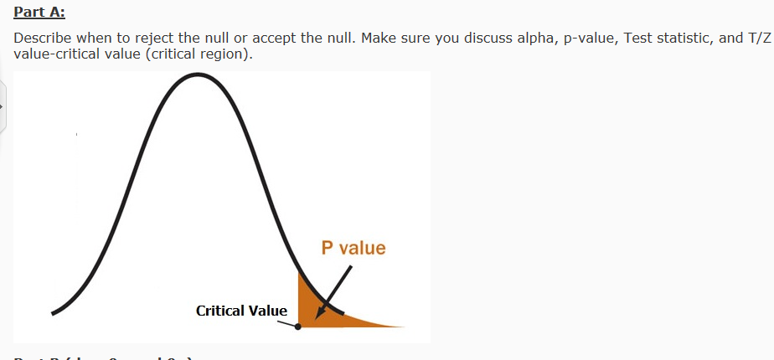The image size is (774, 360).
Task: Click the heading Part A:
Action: tap(39, 13)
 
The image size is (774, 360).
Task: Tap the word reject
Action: tap(139, 39)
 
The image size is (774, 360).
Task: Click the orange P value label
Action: tap(353, 248)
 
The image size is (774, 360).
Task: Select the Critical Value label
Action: tap(241, 311)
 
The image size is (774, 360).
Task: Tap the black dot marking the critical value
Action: tap(298, 327)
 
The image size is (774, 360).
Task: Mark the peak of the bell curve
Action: tap(198, 75)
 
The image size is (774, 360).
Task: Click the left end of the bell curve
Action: tap(53, 313)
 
